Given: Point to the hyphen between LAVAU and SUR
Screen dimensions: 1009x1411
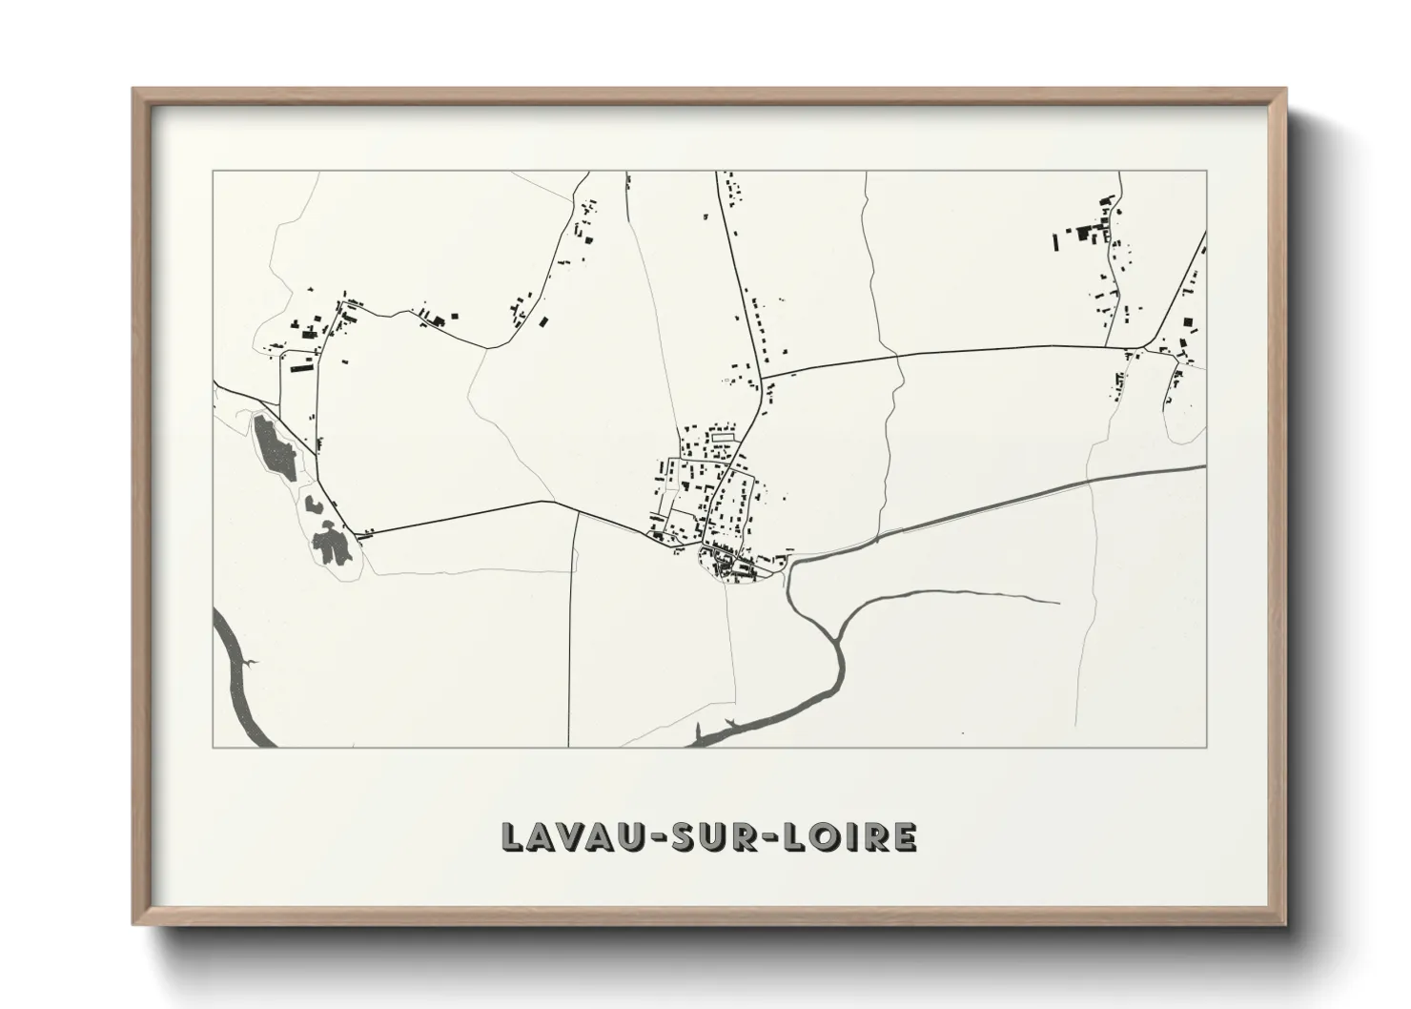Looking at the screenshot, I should click(642, 837).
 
